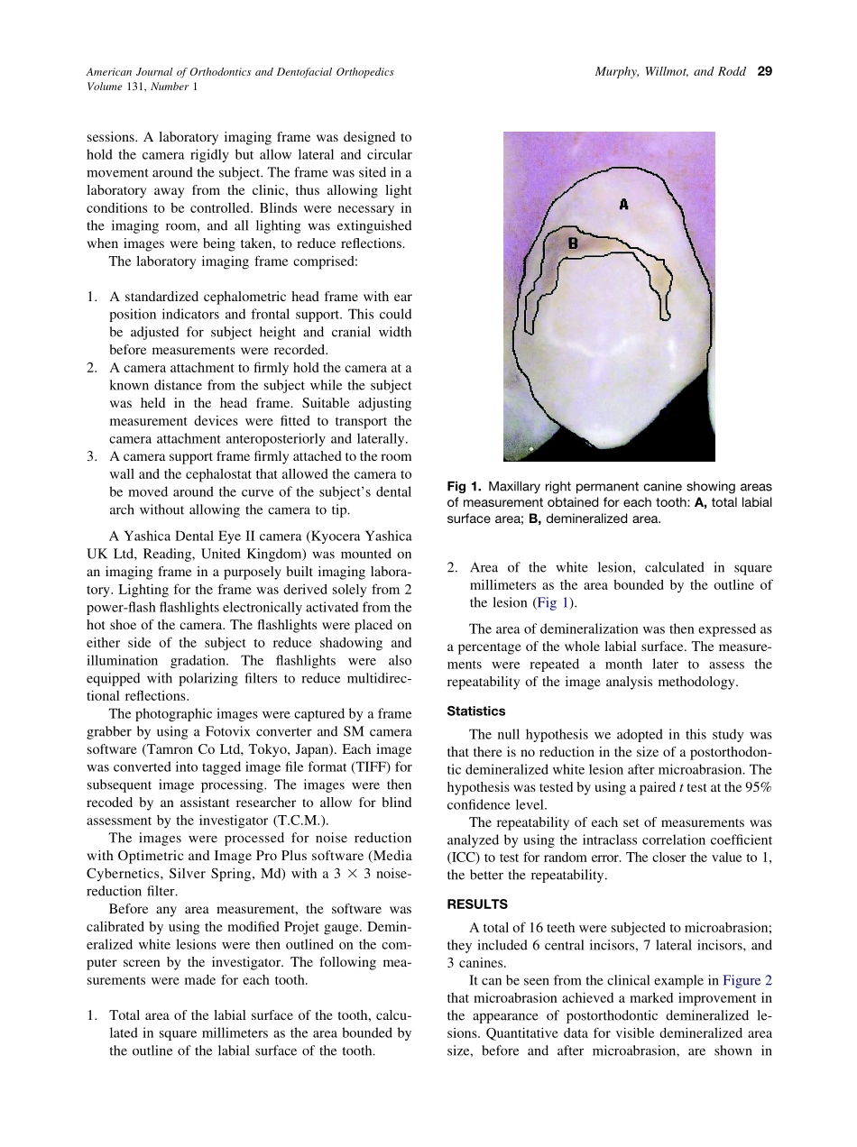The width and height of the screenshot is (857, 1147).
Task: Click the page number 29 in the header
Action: click(765, 71)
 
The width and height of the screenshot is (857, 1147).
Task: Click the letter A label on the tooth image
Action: click(623, 205)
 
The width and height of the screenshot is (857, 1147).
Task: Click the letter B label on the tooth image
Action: click(572, 243)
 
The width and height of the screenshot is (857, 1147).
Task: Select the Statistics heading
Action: click(476, 711)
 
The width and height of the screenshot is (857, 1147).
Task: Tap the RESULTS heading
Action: click(477, 904)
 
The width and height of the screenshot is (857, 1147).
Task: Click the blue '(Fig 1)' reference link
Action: click(554, 602)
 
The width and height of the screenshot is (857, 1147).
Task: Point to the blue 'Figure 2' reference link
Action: click(747, 980)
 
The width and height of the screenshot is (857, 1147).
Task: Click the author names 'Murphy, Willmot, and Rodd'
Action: click(670, 71)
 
